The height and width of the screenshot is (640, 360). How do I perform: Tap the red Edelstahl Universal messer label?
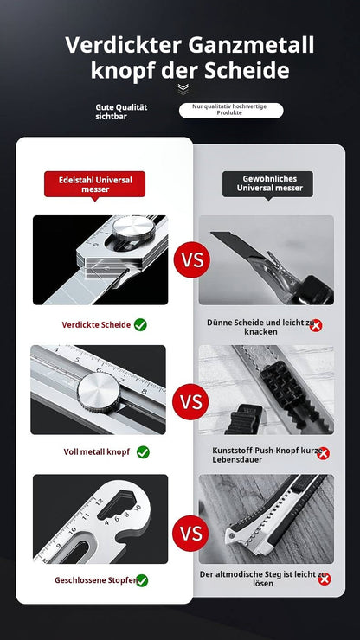[x=95, y=184]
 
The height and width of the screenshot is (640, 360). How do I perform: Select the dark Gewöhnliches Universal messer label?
[x=268, y=183]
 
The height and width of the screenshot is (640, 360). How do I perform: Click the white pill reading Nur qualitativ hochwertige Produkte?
[x=231, y=110]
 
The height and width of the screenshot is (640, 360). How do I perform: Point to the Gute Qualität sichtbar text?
[x=121, y=112]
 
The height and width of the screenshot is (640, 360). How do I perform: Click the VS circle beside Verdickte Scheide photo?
[x=191, y=260]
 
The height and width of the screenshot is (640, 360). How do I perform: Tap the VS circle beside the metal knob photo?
[x=190, y=401]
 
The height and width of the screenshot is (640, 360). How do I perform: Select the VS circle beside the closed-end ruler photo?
[x=190, y=533]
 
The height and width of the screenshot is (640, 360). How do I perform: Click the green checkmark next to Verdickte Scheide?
[x=140, y=325]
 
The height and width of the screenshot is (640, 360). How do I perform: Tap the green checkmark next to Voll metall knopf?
[x=143, y=451]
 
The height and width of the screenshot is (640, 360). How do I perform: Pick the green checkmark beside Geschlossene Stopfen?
[x=142, y=580]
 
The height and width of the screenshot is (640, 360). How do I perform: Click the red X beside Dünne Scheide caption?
[x=316, y=325]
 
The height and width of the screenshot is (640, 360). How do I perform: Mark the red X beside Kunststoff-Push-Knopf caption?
[x=323, y=453]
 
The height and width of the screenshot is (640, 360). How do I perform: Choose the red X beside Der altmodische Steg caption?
[x=325, y=579]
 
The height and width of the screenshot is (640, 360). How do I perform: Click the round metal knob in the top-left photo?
[x=133, y=227]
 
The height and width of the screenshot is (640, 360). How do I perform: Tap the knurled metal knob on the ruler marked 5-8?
[x=99, y=393]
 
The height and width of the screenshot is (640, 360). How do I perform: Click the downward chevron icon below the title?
[x=183, y=89]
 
